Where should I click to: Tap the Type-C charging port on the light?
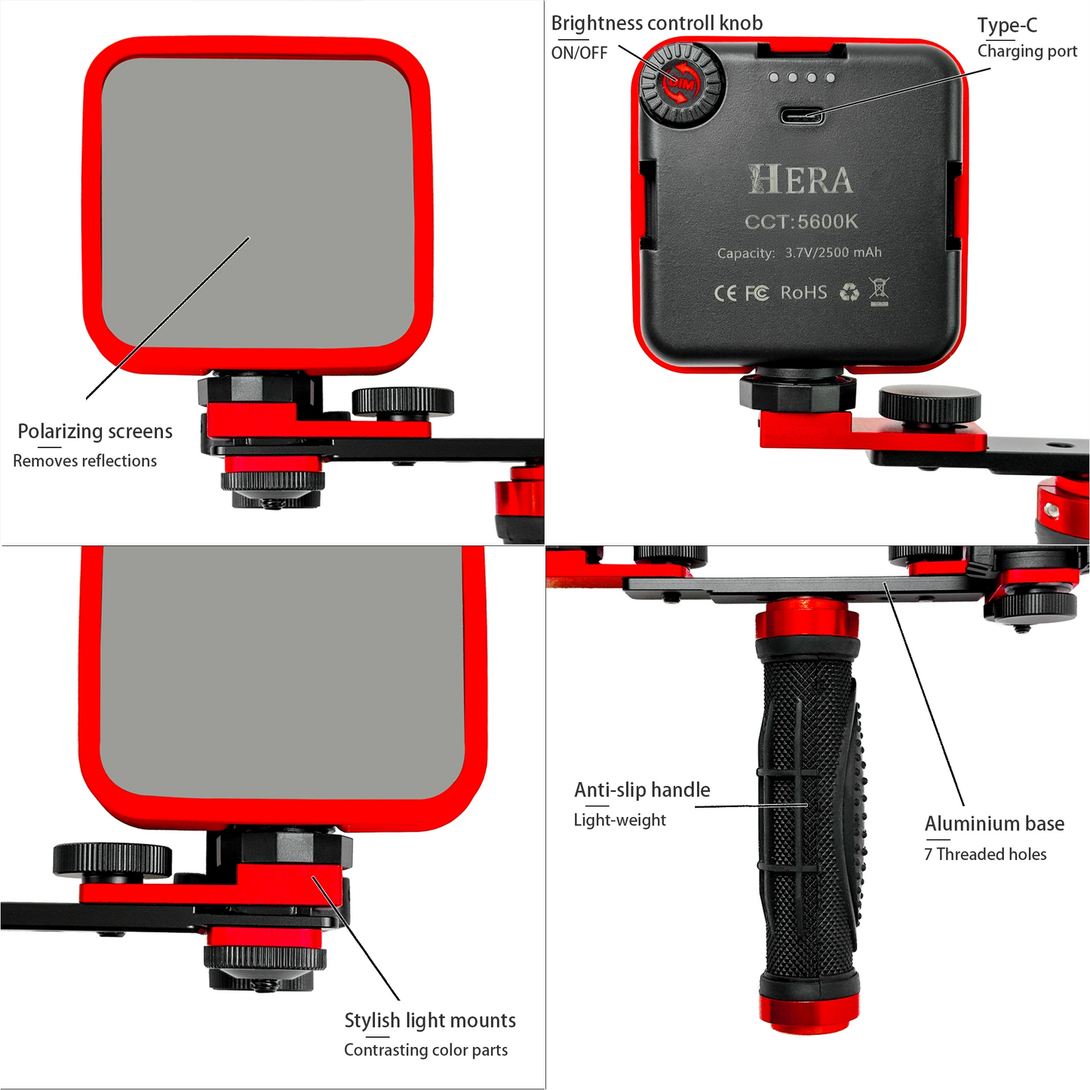click(x=802, y=116)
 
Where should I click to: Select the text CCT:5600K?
click(x=801, y=221)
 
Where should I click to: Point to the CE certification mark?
click(x=725, y=293)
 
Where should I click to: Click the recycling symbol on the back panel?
click(x=849, y=292)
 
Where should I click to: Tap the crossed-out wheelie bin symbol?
click(x=879, y=291)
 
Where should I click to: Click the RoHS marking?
click(x=803, y=293)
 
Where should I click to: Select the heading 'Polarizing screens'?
click(x=95, y=431)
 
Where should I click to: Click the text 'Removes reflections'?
click(x=84, y=461)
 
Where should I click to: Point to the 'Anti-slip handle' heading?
click(x=642, y=790)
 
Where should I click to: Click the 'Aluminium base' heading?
click(x=994, y=824)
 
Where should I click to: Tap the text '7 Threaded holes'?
click(x=985, y=854)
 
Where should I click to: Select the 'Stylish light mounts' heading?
click(x=430, y=1021)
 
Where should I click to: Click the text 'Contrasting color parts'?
click(x=426, y=1050)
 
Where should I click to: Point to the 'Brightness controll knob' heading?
click(x=657, y=23)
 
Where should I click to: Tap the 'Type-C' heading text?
click(x=1008, y=26)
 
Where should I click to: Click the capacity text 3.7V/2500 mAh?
click(x=834, y=252)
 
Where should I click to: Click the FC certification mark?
click(x=757, y=293)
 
